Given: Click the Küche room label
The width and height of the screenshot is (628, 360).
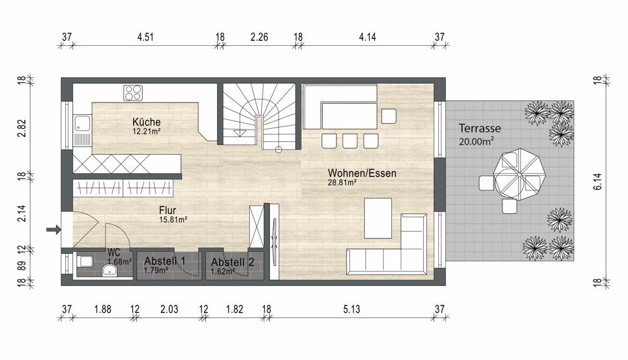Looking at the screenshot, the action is point(146,122).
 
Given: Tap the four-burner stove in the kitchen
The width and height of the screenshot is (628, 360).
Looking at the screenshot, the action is point(133,93).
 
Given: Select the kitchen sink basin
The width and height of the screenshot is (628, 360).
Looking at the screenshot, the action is point(82,124).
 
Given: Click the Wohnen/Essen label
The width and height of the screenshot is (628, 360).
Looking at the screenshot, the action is point(362,173).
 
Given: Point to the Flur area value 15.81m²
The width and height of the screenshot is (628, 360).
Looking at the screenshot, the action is point(173,220).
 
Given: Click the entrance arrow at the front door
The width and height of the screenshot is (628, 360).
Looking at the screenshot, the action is point(53,230).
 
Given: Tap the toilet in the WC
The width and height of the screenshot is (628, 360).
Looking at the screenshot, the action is point(85,262).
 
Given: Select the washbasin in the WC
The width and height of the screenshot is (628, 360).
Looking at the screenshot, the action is point(110,271).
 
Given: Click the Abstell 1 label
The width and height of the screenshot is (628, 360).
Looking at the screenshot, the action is point(165,261).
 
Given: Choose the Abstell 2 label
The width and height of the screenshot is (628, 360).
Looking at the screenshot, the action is point(232,262).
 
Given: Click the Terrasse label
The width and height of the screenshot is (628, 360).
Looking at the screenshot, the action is point(480,128).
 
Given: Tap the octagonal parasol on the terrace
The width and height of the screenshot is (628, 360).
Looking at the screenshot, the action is point(520,175).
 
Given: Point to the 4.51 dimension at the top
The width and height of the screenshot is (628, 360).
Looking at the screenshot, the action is point(146,37).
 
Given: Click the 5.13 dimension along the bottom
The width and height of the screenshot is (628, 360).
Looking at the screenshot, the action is point(352,310).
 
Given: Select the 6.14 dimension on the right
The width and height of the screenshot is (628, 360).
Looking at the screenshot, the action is point(598,181).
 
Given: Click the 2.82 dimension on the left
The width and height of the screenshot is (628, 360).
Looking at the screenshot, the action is point(21,128).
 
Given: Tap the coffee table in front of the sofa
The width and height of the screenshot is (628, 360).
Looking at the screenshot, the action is point(377,218).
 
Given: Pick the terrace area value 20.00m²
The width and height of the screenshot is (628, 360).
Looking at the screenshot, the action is point(476,141).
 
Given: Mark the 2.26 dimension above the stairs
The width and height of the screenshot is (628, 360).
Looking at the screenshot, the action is point(259,37).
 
